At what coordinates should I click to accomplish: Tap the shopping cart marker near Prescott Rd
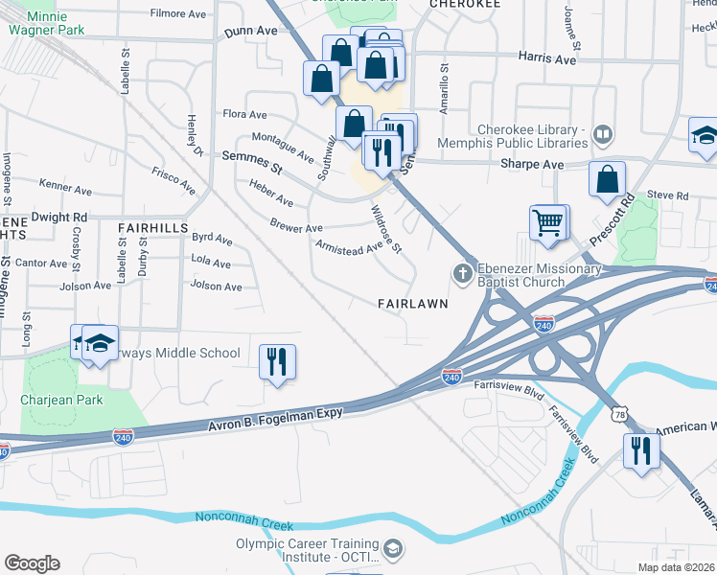coord(547,223)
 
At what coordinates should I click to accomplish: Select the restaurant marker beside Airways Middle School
coord(277,362)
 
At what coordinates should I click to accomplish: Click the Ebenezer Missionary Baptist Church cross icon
coord(462,275)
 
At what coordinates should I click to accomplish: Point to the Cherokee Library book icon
coord(603,134)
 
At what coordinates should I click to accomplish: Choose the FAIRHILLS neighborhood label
coord(152,228)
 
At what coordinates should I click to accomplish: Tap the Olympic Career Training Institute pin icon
coord(394,550)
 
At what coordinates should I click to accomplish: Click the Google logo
coord(32,563)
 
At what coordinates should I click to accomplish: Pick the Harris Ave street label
coord(547,59)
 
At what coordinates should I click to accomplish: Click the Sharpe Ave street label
coord(532,165)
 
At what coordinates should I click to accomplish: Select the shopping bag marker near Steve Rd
coord(607,179)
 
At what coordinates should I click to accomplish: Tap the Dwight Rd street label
coord(58,218)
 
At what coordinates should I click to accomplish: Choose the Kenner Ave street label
coord(65,182)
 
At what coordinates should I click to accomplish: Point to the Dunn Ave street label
coord(250,32)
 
